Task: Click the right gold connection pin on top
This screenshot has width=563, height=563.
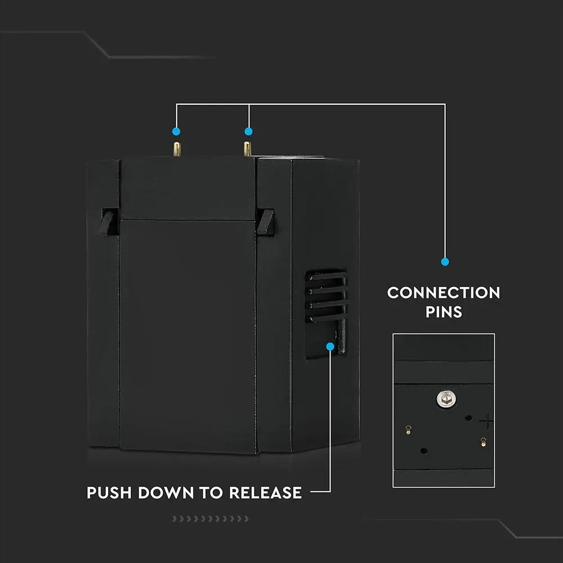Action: [x=247, y=149]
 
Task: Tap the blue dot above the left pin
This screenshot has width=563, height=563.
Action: [x=176, y=131]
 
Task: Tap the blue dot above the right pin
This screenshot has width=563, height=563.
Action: [x=248, y=131]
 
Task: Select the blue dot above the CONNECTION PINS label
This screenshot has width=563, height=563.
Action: [x=445, y=262]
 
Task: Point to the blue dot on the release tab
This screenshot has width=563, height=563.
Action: [x=330, y=347]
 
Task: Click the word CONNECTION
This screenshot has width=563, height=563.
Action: [x=444, y=293]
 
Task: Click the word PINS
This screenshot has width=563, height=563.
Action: [x=444, y=312]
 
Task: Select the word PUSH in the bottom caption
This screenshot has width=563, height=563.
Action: [x=110, y=493]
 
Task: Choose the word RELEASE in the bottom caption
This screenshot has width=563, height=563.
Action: [x=265, y=493]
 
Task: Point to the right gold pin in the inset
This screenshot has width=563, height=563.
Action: [x=482, y=442]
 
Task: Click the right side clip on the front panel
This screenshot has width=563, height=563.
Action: [x=265, y=222]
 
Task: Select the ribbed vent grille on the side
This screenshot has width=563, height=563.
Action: [x=326, y=296]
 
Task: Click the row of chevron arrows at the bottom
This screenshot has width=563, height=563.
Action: [x=209, y=519]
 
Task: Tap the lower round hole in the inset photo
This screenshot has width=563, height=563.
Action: [x=423, y=451]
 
